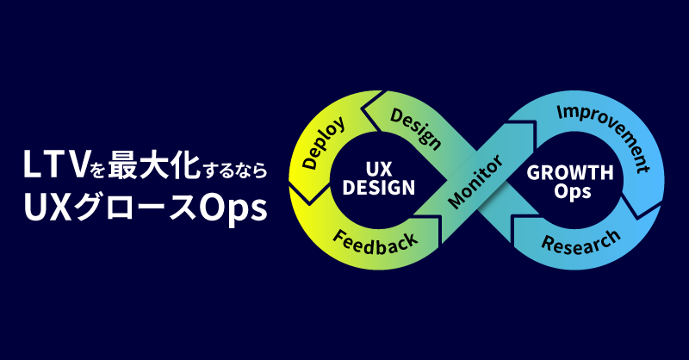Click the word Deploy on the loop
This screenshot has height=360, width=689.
(x=325, y=143)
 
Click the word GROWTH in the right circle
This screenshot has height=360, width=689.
(x=570, y=172)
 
